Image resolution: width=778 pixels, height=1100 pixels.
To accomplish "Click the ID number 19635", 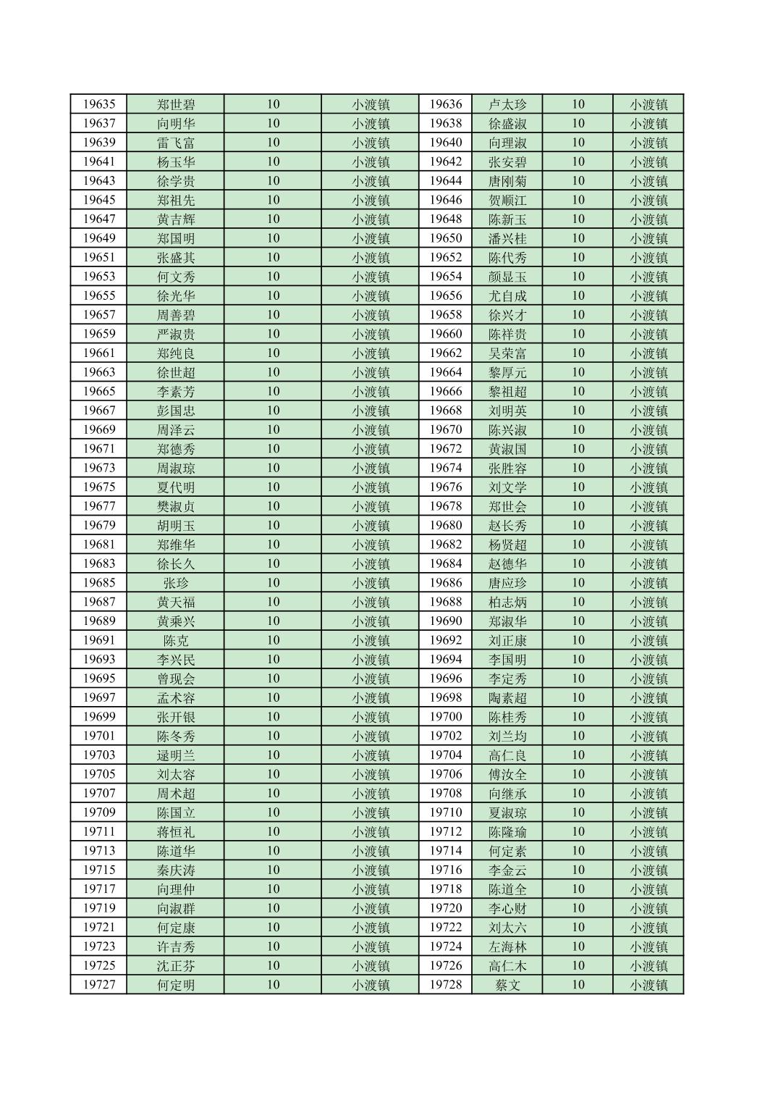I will (x=98, y=104).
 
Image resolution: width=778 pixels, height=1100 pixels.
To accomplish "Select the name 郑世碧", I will (x=176, y=104).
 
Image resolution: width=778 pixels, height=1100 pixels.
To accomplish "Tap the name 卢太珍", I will (x=507, y=104).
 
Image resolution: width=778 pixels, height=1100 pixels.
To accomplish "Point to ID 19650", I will (x=446, y=238).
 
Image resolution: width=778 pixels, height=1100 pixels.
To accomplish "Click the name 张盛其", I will (x=176, y=257).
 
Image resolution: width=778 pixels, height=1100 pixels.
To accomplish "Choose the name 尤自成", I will (x=507, y=295).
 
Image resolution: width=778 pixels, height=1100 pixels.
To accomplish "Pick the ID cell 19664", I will (x=446, y=372).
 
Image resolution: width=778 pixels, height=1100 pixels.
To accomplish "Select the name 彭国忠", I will (x=176, y=411).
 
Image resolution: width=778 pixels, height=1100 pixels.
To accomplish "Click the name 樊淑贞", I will (x=176, y=506).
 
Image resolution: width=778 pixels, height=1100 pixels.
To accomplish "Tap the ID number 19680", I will (x=446, y=525).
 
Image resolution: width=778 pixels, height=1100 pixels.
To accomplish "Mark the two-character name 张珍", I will (x=176, y=583).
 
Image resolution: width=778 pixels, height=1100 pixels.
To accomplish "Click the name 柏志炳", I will (x=507, y=602).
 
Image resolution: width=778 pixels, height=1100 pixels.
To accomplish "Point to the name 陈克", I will (x=176, y=640).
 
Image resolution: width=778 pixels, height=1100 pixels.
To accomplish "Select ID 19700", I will (x=446, y=717).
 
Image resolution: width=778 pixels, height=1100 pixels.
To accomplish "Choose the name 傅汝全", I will (x=507, y=774).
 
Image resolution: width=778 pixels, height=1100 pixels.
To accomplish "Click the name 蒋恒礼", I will (x=176, y=831).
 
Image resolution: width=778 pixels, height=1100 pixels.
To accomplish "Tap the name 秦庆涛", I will (x=176, y=870).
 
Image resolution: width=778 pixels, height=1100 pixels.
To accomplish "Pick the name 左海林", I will (x=507, y=946).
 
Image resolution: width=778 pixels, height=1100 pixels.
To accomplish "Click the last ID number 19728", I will (x=446, y=985).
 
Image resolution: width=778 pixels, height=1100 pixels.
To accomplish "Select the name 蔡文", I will (x=507, y=985).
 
